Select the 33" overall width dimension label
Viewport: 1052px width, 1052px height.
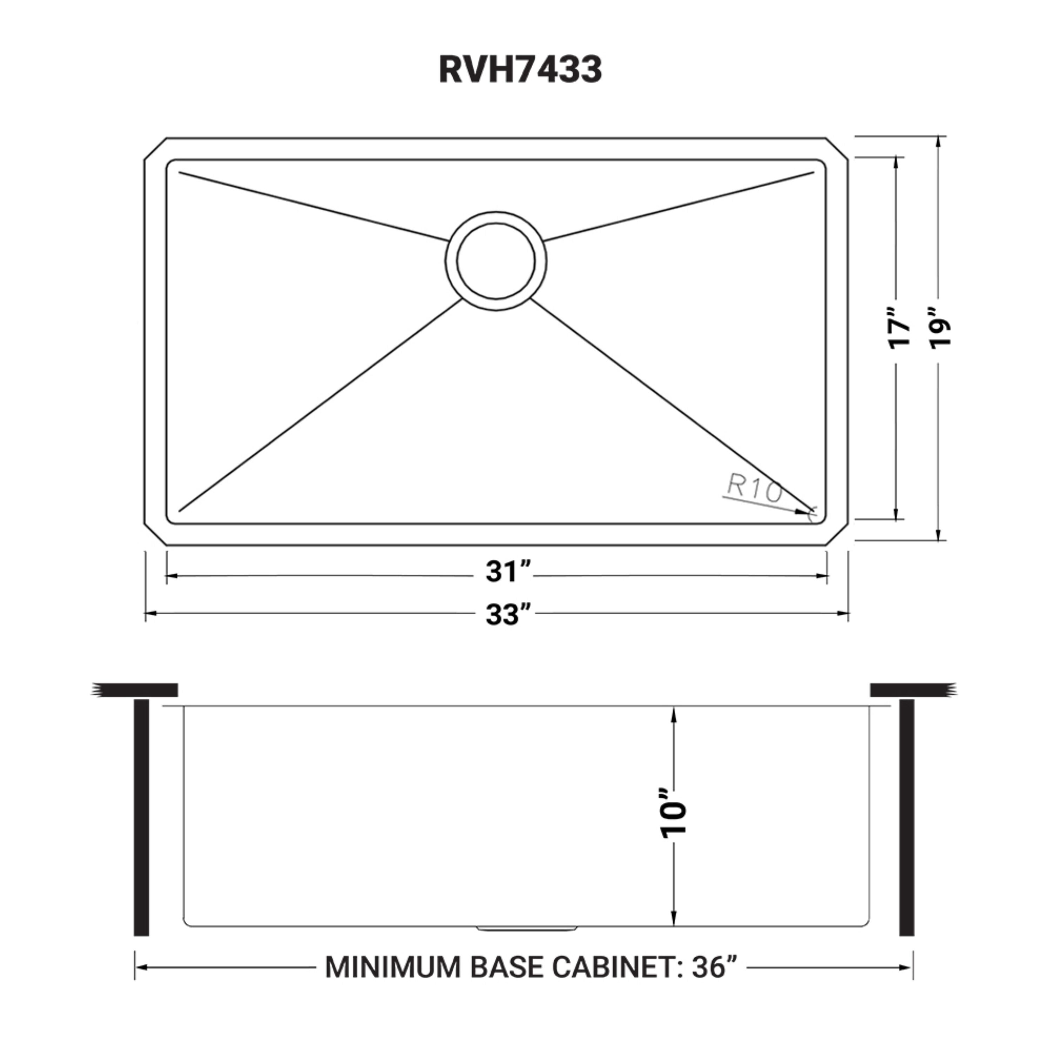click(507, 615)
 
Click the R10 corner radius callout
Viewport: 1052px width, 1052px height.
click(754, 491)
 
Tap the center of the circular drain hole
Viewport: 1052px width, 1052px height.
click(495, 261)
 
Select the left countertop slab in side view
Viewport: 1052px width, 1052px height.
click(136, 690)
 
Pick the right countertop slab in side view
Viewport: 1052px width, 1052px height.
click(912, 690)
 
